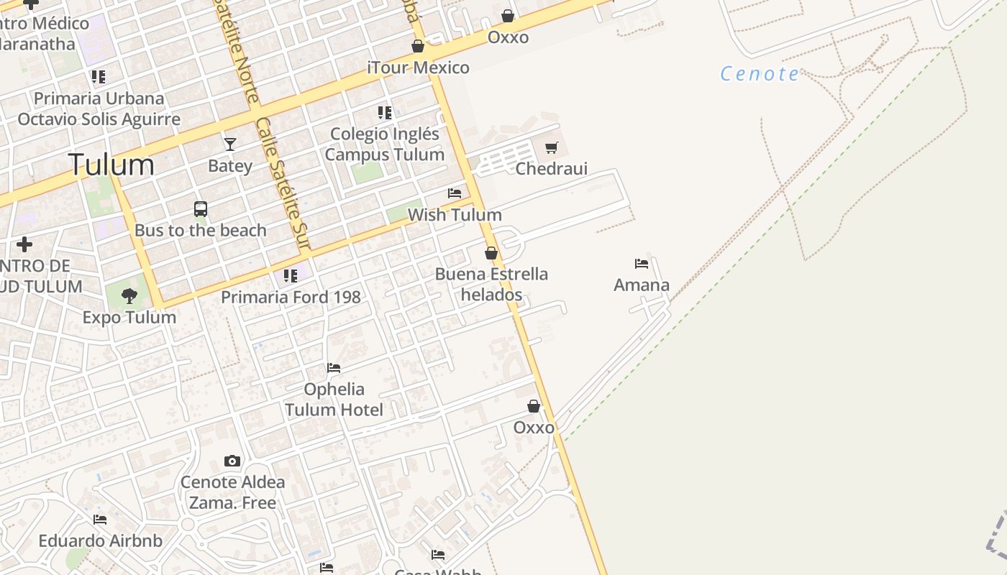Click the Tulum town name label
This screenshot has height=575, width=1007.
point(111,165)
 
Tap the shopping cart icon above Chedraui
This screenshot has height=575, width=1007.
point(552,148)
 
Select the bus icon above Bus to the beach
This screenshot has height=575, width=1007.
point(201,209)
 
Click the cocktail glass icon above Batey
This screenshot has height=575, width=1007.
point(230,144)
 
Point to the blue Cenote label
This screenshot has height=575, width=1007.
point(760,73)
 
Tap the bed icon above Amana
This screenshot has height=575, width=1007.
point(642,264)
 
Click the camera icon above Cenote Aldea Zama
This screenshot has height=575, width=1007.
point(232,461)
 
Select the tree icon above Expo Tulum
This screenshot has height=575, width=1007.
point(129,295)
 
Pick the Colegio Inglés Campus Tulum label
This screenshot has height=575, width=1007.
point(385,144)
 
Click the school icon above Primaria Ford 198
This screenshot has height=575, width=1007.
point(291,275)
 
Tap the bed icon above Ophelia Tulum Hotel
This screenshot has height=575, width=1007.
point(334,368)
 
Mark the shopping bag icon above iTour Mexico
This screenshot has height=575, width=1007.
point(418,47)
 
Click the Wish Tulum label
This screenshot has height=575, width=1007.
point(455,215)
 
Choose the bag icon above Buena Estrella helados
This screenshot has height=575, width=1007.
point(491,253)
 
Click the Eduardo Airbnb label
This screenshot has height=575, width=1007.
point(101,540)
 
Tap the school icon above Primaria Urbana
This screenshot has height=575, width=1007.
point(99,77)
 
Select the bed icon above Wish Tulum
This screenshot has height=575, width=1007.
point(455,193)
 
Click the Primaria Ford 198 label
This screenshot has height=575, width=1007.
point(291,297)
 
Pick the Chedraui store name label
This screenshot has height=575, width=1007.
point(552,169)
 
